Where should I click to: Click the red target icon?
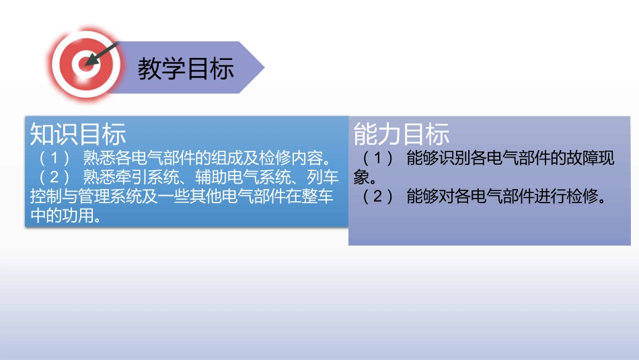(x=85, y=64)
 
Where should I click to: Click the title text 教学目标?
(x=186, y=69)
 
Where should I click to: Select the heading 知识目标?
(x=78, y=135)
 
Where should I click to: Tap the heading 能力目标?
(x=402, y=135)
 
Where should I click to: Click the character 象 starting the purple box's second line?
(x=361, y=178)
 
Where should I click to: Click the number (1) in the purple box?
(x=378, y=159)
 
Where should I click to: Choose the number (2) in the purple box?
(x=378, y=198)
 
